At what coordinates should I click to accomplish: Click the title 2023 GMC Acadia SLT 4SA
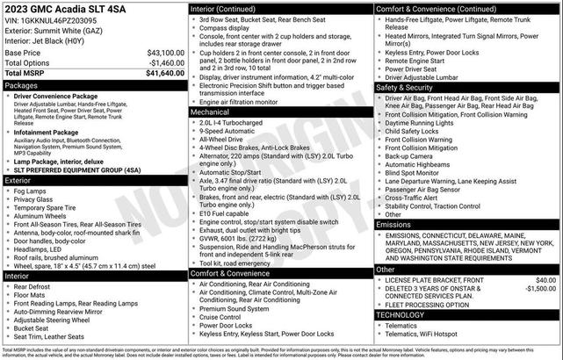pyautogui.click(x=66, y=10)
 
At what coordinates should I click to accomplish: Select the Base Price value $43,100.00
pyautogui.click(x=165, y=53)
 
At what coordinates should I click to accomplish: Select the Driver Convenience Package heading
pyautogui.click(x=61, y=97)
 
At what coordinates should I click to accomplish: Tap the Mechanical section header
pyautogui.click(x=210, y=112)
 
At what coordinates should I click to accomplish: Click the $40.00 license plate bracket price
pyautogui.click(x=545, y=280)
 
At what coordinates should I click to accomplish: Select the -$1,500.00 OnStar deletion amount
pyautogui.click(x=540, y=288)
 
